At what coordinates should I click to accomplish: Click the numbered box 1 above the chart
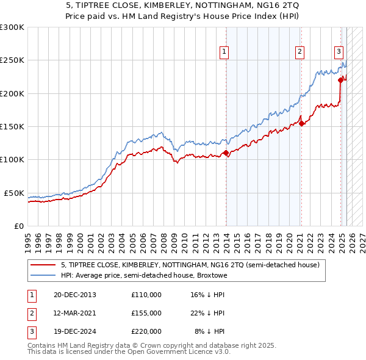point(225,52)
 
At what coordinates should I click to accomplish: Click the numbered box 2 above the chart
point(300,52)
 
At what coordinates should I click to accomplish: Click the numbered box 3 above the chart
point(339,52)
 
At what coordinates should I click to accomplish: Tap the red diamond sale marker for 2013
point(226,153)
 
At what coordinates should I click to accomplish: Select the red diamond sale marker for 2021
point(301,123)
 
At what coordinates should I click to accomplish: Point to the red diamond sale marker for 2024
point(340,80)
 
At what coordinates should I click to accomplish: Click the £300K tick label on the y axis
point(12,27)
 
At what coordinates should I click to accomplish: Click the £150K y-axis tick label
point(12,127)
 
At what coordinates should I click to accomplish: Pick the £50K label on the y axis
point(14,193)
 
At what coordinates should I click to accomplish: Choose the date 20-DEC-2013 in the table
point(75,295)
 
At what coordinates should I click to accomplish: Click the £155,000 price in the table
point(146,313)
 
